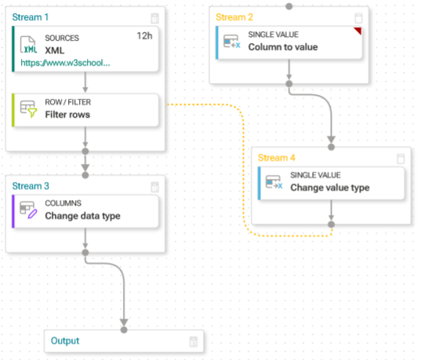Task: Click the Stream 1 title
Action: tap(31, 17)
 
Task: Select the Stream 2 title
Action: tap(234, 17)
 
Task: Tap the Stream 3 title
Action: tap(31, 186)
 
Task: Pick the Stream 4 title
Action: tap(277, 158)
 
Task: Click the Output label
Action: tap(65, 340)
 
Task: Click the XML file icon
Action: tap(28, 45)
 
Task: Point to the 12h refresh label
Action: tap(144, 36)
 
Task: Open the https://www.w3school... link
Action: tap(66, 63)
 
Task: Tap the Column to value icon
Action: tap(232, 42)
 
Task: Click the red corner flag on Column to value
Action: tap(358, 31)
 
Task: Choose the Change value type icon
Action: tap(274, 182)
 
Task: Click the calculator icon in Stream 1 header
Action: tap(154, 18)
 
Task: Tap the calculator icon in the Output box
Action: tap(194, 342)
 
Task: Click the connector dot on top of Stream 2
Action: tap(289, 6)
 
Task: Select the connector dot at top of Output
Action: tap(124, 330)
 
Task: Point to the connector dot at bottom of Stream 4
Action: tap(332, 224)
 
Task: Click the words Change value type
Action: tap(330, 187)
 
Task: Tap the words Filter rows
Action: tap(67, 115)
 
